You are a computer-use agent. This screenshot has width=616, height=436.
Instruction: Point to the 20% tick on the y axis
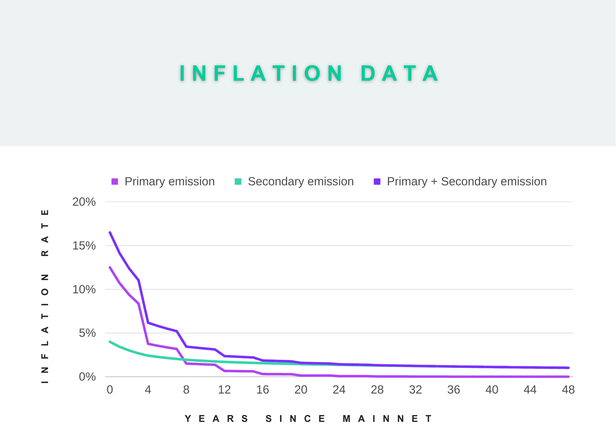tap(84, 202)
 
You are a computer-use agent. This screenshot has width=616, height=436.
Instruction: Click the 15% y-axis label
tap(84, 246)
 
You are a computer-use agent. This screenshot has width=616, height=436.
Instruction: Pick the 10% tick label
tap(84, 289)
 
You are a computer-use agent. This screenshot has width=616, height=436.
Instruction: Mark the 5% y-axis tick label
tap(87, 333)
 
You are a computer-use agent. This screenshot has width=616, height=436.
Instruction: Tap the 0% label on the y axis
tap(87, 377)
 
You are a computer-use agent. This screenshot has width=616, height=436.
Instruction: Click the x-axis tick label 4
tap(148, 390)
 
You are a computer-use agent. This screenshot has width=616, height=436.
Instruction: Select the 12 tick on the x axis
tap(224, 390)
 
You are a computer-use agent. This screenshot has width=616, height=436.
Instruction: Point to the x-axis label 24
tap(339, 390)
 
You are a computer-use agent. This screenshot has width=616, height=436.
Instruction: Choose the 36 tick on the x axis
tap(454, 390)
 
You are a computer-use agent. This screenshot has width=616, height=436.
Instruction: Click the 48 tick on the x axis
tap(568, 390)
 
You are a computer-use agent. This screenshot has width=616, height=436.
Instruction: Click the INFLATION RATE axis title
tap(45, 296)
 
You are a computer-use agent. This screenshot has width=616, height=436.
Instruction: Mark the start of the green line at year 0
tap(110, 342)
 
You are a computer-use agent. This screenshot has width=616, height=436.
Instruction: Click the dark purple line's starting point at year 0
tap(110, 233)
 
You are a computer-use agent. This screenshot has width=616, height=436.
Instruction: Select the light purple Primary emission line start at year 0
tap(110, 267)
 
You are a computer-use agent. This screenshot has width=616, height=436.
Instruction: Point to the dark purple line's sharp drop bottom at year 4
tap(148, 323)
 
